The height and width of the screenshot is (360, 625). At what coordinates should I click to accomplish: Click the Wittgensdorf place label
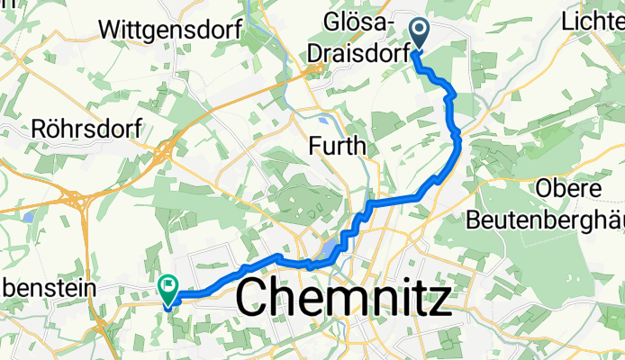[174, 29]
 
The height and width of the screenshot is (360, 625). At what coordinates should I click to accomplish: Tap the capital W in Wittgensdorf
[117, 29]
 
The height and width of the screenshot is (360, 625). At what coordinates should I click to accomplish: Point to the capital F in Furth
[314, 145]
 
